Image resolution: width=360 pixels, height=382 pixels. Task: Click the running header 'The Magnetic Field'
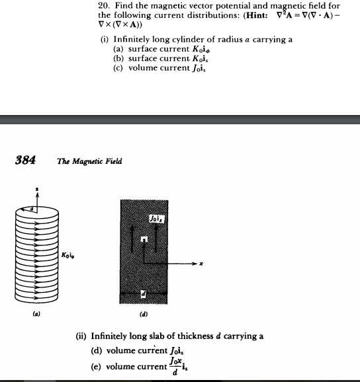click(89, 161)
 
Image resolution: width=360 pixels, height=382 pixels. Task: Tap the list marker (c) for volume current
click(119, 68)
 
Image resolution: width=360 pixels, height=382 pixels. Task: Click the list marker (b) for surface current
click(119, 58)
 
